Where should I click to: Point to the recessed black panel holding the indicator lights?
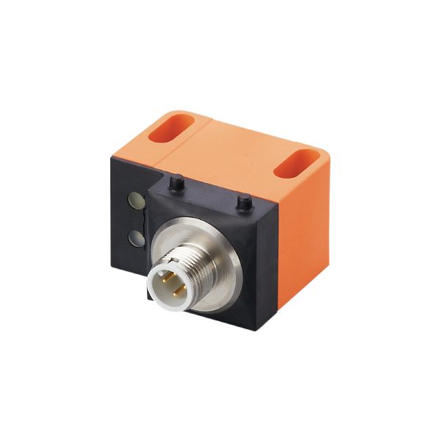coord(132,220)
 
